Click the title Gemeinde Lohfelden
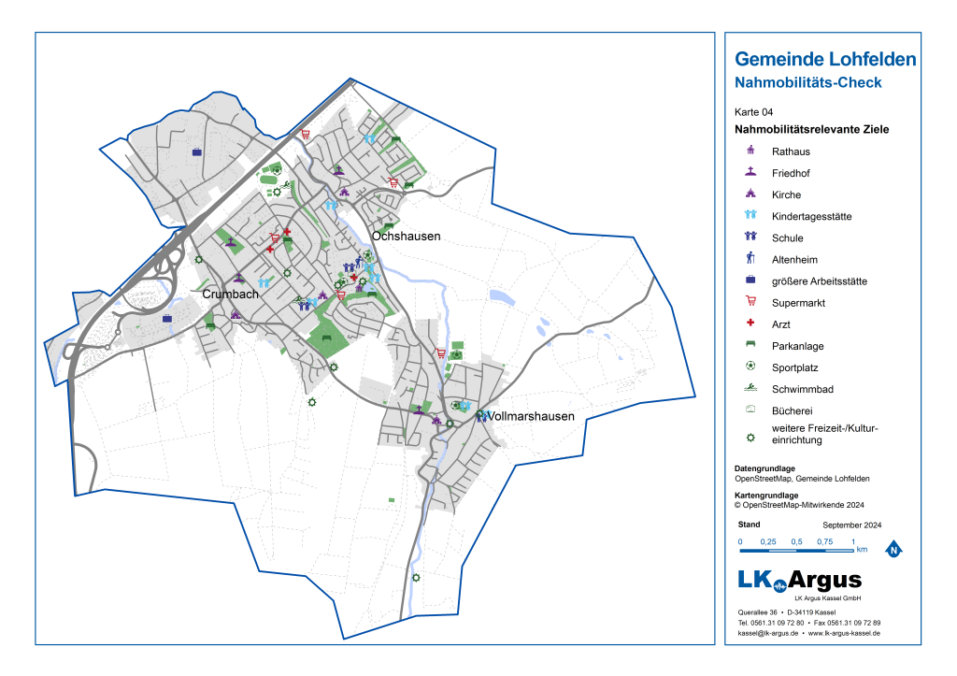(825, 60)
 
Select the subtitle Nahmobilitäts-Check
(808, 82)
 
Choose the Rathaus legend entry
(791, 151)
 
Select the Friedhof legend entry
(791, 173)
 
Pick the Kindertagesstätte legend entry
(811, 217)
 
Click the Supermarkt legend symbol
(750, 302)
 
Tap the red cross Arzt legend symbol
(750, 324)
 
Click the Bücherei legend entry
(791, 410)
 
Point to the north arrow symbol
(893, 550)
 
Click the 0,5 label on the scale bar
(796, 542)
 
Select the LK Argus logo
(799, 581)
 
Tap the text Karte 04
(754, 112)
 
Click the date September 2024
(851, 525)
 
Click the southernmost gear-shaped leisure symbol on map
(416, 577)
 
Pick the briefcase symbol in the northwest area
(196, 151)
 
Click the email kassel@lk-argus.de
(767, 633)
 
